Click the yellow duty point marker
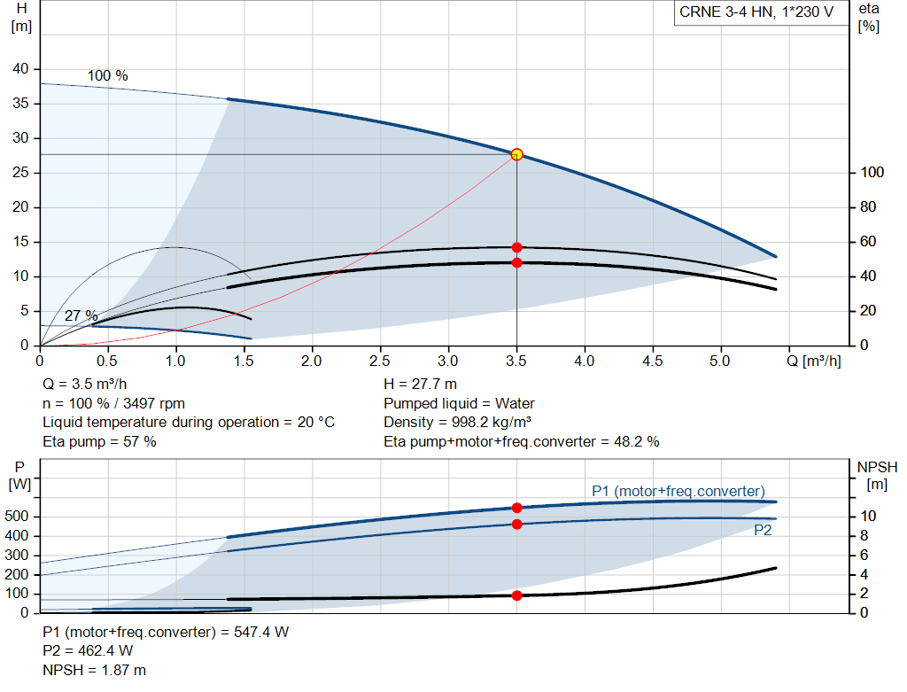point(517,154)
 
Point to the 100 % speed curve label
point(107,76)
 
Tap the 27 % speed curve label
point(81,316)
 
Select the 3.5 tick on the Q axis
point(516,361)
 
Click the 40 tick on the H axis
point(20,69)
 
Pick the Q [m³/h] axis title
point(814,361)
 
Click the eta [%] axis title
point(869,18)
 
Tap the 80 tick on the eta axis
point(868,207)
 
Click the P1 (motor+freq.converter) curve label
point(678,491)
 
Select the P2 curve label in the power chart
point(763,530)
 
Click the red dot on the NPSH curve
point(517,595)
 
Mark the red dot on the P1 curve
point(517,508)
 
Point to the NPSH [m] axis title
point(877,476)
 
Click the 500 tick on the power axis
point(17,516)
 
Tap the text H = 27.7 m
point(420,385)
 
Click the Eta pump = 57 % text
point(99,442)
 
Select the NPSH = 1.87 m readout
point(94,670)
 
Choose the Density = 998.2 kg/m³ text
point(458,423)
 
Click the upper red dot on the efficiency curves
point(517,247)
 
